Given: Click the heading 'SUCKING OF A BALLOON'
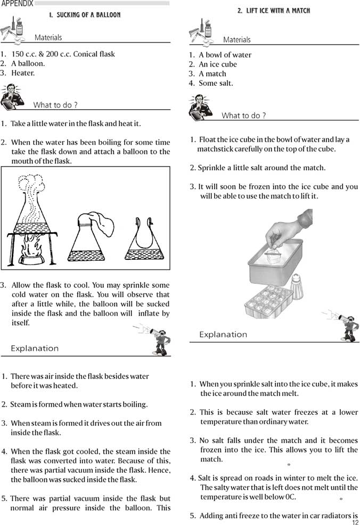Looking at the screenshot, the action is pyautogui.click(x=85, y=15).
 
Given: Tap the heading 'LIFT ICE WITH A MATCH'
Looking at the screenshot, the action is pyautogui.click(x=274, y=10).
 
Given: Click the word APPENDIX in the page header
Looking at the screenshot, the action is pyautogui.click(x=17, y=3).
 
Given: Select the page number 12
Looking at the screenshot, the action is pyautogui.click(x=355, y=522).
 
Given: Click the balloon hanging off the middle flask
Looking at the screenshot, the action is pyautogui.click(x=102, y=224).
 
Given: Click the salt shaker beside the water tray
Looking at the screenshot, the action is pyautogui.click(x=297, y=287).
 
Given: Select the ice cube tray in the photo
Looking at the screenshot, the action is pyautogui.click(x=268, y=302).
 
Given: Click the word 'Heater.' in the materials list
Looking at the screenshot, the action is pyautogui.click(x=23, y=73).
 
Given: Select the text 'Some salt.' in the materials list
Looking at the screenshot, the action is pyautogui.click(x=216, y=83).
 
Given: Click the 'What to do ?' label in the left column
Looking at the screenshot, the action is pyautogui.click(x=55, y=105).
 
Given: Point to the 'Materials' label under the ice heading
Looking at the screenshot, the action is pyautogui.click(x=237, y=40).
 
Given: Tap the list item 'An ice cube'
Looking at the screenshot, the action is pyautogui.click(x=218, y=64).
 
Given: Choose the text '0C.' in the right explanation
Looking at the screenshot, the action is pyautogui.click(x=291, y=497).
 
